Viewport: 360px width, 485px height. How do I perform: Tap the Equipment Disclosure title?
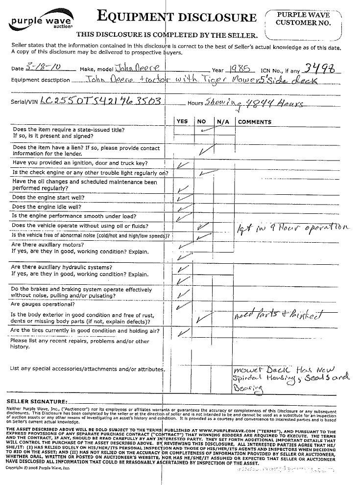coord(177,18)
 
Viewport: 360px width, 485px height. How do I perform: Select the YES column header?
coord(182,121)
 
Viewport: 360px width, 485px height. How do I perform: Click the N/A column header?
coord(223,121)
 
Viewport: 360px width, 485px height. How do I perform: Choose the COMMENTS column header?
coord(254,121)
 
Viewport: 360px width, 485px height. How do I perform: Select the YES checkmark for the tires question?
coord(183,333)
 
